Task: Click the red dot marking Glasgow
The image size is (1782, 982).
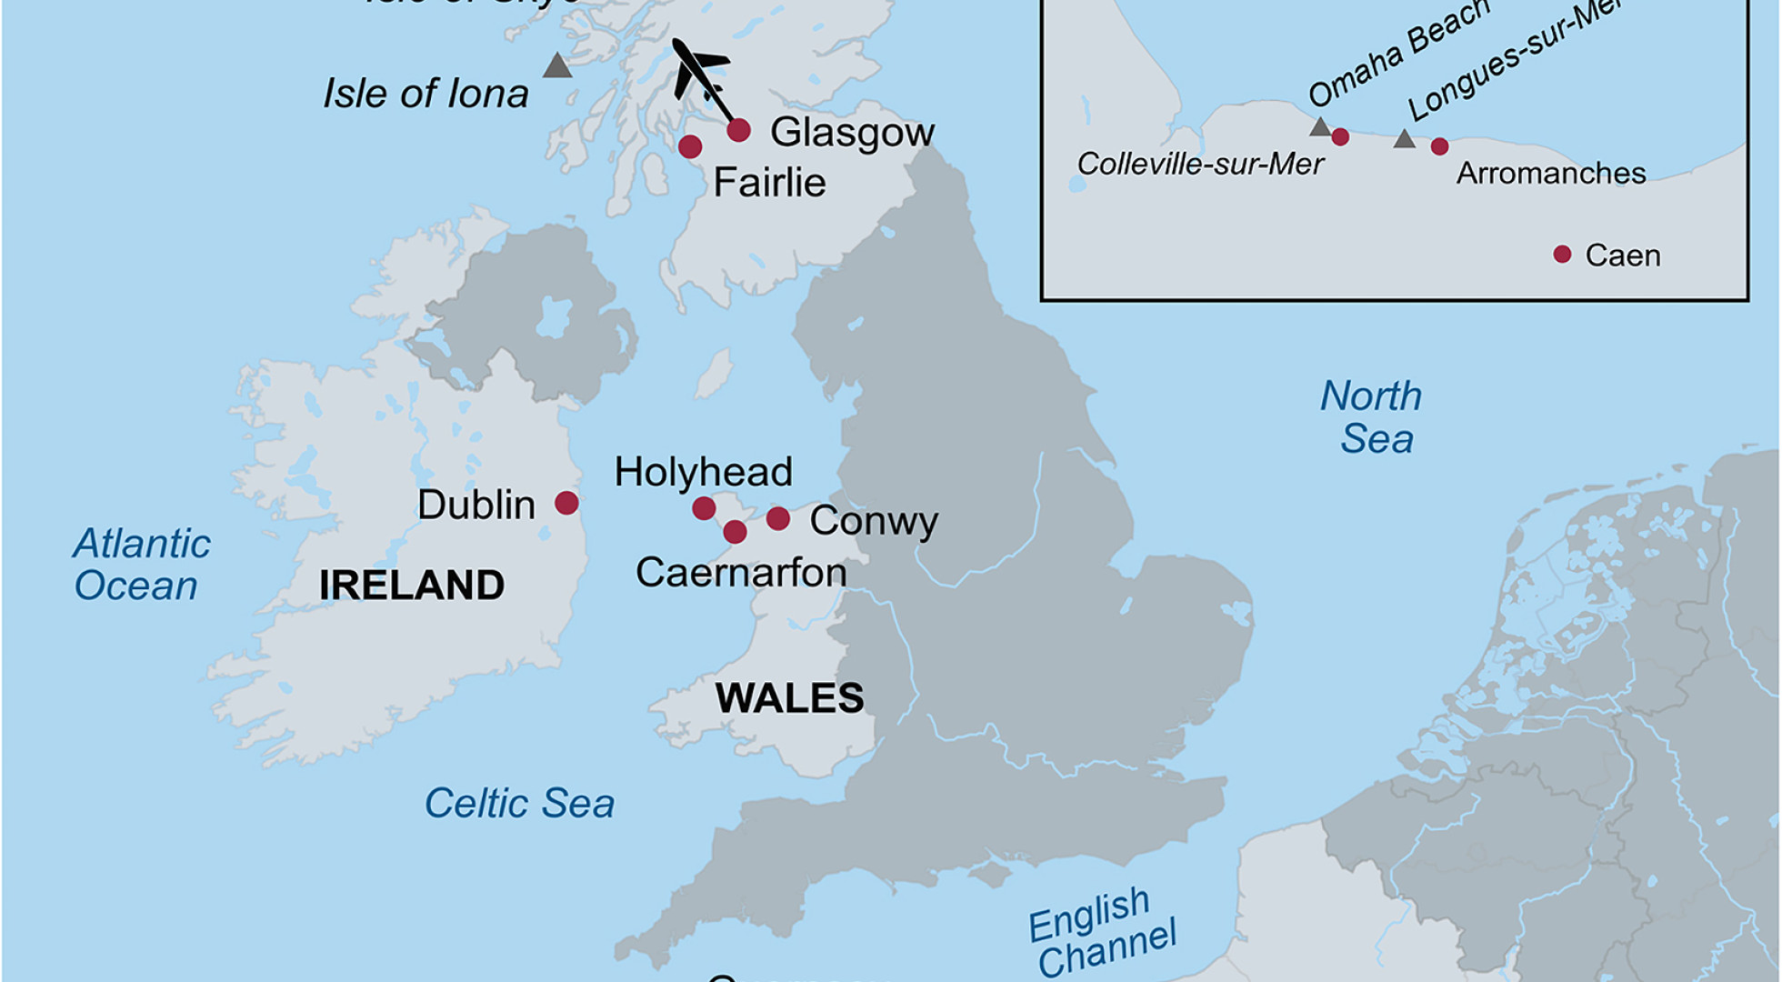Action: (x=738, y=130)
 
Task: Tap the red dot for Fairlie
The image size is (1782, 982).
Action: (x=690, y=146)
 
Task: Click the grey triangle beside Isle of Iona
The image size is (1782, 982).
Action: (x=557, y=66)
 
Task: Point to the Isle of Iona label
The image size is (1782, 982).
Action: (x=425, y=94)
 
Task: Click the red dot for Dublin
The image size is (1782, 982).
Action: (x=566, y=503)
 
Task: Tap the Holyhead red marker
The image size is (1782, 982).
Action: (x=704, y=508)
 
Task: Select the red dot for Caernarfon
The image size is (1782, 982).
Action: (x=735, y=532)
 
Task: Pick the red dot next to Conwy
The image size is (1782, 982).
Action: (x=778, y=518)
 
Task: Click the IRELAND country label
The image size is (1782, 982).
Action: (x=412, y=585)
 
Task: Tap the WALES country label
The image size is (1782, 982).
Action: (x=789, y=698)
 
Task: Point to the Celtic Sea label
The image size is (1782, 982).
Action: (x=519, y=804)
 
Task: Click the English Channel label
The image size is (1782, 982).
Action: (x=1102, y=932)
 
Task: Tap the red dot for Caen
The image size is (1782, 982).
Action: (x=1562, y=255)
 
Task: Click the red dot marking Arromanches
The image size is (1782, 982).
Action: (x=1439, y=146)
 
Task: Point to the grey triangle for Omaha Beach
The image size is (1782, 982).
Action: (x=1320, y=127)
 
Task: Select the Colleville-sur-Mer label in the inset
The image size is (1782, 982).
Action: (x=1200, y=165)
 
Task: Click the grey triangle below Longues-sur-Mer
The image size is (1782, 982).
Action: (x=1405, y=139)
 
